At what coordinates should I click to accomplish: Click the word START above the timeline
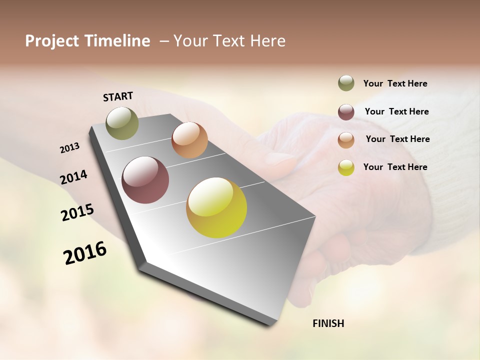coord(118,96)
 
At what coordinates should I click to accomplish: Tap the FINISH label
coord(328,323)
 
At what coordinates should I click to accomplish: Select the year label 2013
coord(69,148)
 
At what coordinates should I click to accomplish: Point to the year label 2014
coord(73,177)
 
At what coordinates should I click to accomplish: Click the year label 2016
coord(85,253)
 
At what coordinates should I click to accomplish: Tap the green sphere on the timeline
coord(122,123)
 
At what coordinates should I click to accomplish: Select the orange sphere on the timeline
coord(189,140)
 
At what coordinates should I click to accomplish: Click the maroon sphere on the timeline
coord(145,180)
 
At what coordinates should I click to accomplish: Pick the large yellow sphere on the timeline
coord(216,207)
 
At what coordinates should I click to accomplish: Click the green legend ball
coord(346,83)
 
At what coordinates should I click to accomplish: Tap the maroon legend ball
coord(346,112)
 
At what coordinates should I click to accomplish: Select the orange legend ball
coord(346,140)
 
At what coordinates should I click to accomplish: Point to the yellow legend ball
coord(346,168)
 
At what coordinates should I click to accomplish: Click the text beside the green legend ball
coord(395,83)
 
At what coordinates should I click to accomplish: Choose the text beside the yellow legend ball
coord(395,167)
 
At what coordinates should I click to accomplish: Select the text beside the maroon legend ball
coord(396,111)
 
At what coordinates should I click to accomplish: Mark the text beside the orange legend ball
coord(397,139)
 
